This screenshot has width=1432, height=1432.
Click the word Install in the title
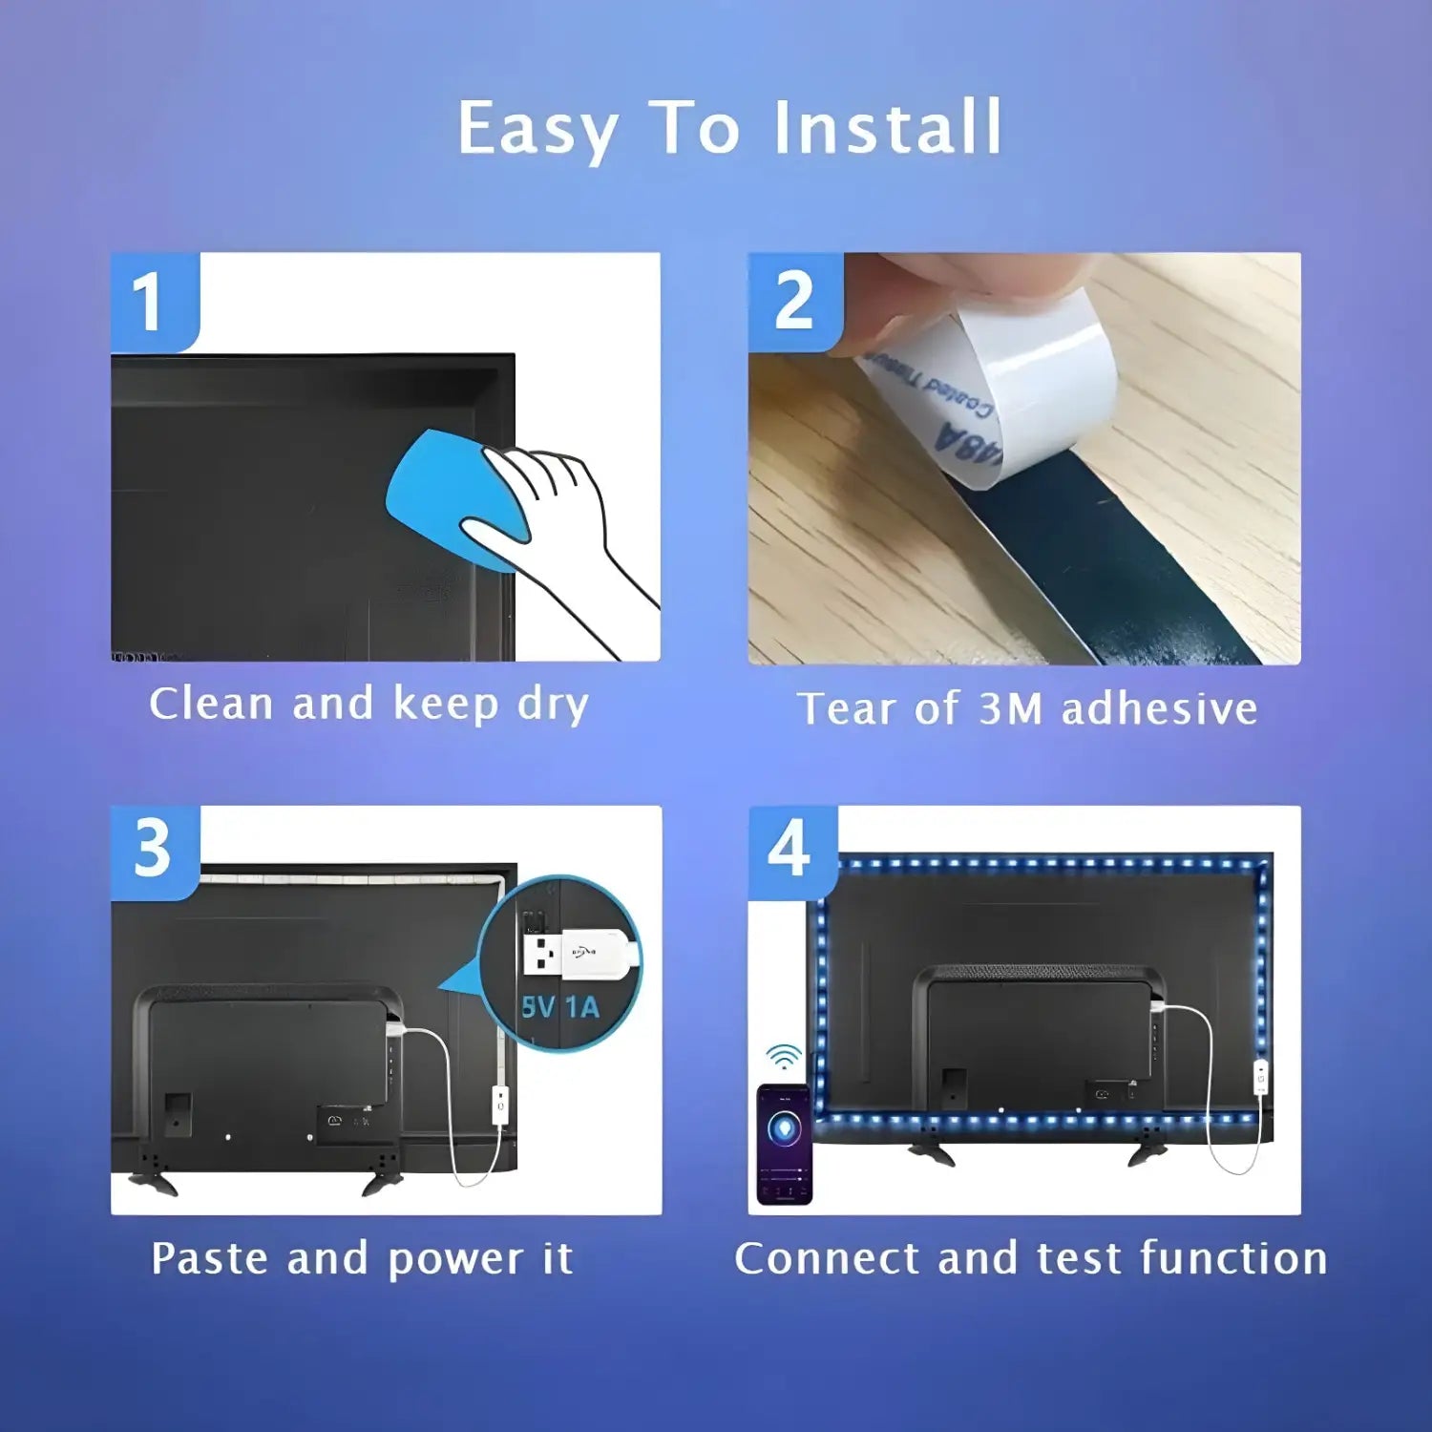[887, 128]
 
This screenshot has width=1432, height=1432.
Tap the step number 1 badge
[153, 302]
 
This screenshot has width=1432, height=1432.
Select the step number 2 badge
[794, 302]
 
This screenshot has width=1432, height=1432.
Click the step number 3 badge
[154, 851]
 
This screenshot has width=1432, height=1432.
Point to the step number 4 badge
[790, 851]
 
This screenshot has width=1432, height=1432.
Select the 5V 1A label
[560, 1007]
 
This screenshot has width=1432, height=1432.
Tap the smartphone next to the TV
[784, 1144]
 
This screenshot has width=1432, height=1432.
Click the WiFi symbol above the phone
[784, 1057]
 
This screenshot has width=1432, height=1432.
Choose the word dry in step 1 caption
[553, 705]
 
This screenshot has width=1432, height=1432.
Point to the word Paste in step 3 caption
[212, 1258]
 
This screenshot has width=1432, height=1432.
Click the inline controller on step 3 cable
[499, 1105]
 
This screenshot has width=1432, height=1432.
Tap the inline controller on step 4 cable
[1260, 1078]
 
